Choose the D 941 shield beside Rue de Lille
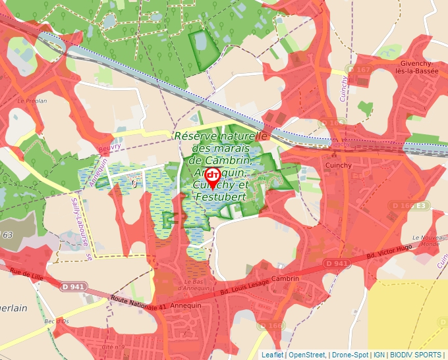click(x=74, y=286)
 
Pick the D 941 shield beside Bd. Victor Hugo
click(x=336, y=263)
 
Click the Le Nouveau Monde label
click(x=425, y=240)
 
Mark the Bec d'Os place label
click(x=57, y=321)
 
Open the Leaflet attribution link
click(x=272, y=355)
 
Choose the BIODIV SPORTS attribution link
click(x=416, y=355)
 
